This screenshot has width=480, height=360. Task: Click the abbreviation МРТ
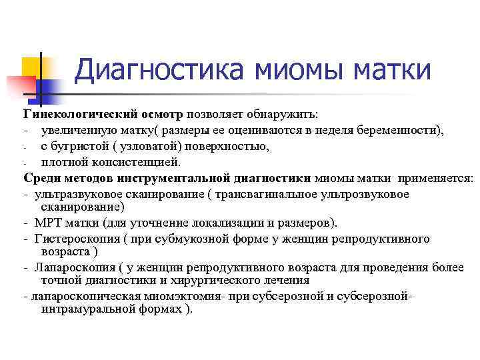51,223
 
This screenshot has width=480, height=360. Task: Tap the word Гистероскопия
77,239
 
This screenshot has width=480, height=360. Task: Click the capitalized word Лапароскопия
75,267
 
